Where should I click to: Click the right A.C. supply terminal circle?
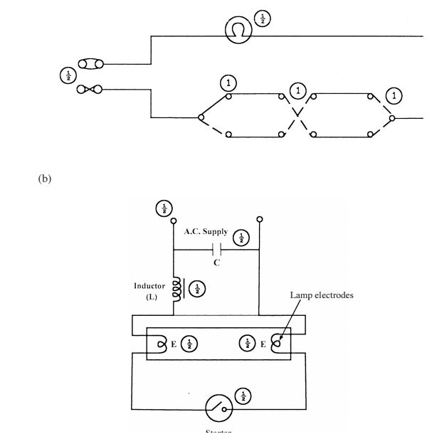pyautogui.click(x=260, y=219)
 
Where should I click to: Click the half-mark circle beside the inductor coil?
pyautogui.click(x=197, y=288)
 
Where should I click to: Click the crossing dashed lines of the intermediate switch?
pyautogui.click(x=298, y=117)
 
